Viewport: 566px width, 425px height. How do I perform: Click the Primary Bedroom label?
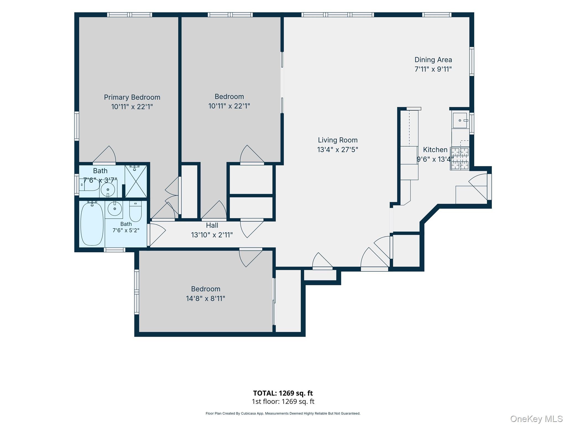(x=132, y=97)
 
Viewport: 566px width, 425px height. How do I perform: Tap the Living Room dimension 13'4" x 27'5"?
(x=337, y=150)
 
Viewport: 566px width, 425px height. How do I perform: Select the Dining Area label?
(x=433, y=60)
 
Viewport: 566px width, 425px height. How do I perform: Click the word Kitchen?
(x=435, y=150)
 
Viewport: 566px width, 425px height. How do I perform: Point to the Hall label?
(x=212, y=226)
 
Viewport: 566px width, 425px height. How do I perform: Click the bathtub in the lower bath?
(x=92, y=224)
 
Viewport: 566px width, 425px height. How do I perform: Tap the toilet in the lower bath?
(x=135, y=211)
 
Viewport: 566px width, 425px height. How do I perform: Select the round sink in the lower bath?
(x=115, y=208)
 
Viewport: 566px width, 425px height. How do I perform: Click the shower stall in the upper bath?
(x=136, y=181)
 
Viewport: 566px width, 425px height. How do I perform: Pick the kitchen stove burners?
(x=460, y=159)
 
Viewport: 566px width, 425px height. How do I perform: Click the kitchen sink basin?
(x=460, y=120)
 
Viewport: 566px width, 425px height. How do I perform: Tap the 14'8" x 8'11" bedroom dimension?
(x=206, y=299)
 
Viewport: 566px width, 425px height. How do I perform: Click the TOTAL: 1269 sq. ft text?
(x=283, y=393)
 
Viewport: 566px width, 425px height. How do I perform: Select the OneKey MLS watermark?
(x=536, y=419)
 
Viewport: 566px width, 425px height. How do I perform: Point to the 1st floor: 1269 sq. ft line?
(x=283, y=401)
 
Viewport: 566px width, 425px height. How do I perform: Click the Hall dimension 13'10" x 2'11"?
(x=212, y=235)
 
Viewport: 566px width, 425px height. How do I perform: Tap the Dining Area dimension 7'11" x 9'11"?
(x=433, y=69)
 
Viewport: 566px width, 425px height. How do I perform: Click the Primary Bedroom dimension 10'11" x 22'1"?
(x=132, y=107)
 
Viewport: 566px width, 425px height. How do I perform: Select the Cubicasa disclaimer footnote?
(x=283, y=413)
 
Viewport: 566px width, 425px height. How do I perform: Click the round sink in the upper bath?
(x=108, y=190)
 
